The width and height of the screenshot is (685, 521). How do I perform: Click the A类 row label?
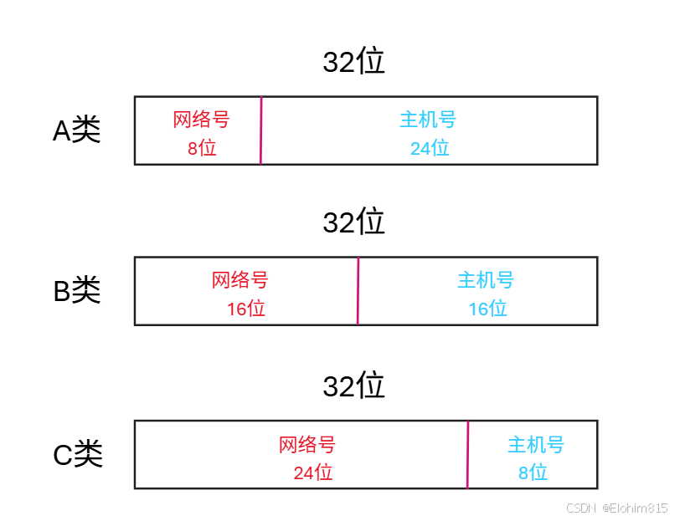pos(77,130)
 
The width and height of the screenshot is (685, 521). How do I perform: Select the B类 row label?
pos(77,290)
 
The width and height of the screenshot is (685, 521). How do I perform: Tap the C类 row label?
pos(78,454)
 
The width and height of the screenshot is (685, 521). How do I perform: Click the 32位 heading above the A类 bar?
pos(353,62)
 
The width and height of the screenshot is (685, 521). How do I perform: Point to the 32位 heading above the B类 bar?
pos(353,222)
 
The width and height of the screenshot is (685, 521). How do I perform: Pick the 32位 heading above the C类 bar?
pos(353,386)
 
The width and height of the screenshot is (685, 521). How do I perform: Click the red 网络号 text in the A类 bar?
pos(201,120)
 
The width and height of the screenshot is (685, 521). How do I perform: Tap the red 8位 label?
pos(202,148)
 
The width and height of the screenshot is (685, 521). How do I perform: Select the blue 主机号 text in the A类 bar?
pos(428,120)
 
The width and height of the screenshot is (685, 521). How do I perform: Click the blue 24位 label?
pos(430,148)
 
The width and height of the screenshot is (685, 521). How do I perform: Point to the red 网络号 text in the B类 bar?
pos(239,280)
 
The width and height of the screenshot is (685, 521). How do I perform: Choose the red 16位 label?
pos(246,309)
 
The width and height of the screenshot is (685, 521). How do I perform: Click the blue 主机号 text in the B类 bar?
pos(486,280)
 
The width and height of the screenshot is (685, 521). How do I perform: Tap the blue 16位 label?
pos(487,309)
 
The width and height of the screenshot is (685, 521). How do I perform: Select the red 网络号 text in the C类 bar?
pos(307,444)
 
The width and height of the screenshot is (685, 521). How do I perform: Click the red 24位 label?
pos(313,472)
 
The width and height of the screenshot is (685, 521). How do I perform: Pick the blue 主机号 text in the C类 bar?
pos(536,444)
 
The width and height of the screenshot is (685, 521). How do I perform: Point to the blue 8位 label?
pos(533,472)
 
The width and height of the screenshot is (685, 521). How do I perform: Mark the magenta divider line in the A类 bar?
pos(261,130)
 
